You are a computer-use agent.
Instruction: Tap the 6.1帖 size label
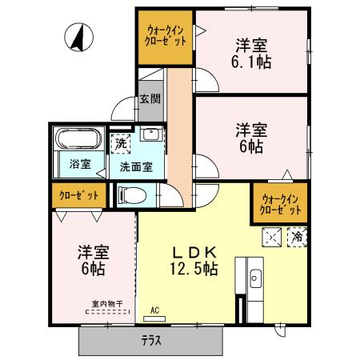251,61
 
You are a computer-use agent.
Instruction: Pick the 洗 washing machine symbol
120,144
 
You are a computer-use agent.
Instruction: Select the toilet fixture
131,194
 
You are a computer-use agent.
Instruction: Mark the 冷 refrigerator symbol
297,237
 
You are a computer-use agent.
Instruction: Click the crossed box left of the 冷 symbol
271,237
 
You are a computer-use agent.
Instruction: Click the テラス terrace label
151,341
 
